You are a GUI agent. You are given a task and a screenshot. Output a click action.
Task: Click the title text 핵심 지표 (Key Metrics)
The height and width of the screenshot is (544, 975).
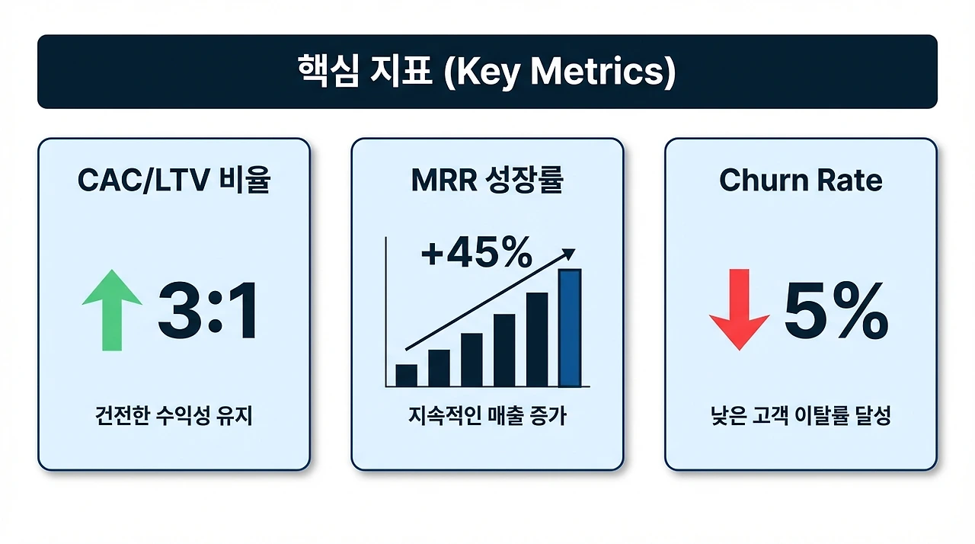487,72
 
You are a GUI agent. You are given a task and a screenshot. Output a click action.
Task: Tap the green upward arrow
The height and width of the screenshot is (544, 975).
112,310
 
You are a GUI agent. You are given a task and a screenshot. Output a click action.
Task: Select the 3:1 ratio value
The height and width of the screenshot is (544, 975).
208,310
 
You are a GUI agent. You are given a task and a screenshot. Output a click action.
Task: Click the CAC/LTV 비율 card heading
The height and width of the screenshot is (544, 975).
174,180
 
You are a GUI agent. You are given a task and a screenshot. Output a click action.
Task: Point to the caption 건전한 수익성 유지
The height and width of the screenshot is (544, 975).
174,415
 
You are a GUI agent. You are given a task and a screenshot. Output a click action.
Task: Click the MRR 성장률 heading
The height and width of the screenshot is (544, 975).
487,180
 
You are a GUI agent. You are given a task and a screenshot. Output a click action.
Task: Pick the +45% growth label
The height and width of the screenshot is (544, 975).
477,251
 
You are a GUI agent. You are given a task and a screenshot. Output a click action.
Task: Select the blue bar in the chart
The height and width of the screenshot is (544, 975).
571,328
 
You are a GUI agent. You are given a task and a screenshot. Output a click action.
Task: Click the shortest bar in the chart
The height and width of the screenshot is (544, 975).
407,376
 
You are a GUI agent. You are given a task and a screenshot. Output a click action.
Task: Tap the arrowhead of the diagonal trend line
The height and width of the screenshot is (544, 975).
568,254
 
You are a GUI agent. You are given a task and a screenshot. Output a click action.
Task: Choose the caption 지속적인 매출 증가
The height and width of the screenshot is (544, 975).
487,415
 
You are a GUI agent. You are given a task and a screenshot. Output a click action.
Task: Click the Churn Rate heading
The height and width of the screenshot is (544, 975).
801,180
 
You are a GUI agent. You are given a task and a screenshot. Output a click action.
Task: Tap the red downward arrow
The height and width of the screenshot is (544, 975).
740,310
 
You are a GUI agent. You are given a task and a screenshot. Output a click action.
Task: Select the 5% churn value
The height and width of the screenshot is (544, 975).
836,310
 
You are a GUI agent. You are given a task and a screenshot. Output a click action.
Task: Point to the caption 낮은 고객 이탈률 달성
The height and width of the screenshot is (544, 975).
801,415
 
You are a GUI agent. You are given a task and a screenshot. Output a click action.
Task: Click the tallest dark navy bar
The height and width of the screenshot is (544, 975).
537,340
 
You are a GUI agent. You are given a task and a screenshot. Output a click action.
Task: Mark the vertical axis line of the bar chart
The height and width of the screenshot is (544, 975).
386,312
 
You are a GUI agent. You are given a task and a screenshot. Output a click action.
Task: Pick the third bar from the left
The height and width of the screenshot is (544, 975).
472,360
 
